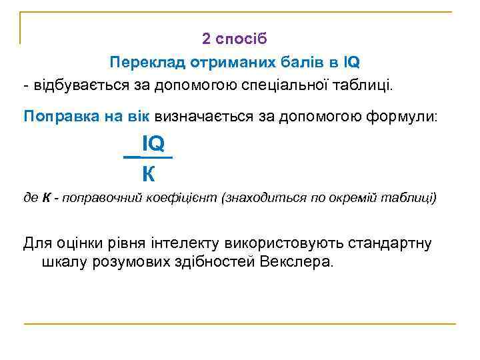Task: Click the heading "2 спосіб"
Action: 235,39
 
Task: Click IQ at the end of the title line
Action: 351,63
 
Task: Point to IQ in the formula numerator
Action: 153,143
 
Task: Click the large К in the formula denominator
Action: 149,175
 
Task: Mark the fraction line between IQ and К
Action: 148,157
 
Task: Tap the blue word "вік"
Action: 139,117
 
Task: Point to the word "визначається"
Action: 203,117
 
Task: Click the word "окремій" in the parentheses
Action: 353,199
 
